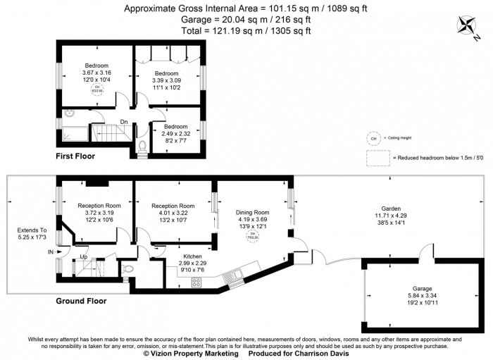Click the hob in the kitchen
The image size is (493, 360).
tap(196, 282)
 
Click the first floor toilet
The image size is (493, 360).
tap(142, 147)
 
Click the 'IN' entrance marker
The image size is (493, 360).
tap(50, 252)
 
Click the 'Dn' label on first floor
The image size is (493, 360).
tap(123, 120)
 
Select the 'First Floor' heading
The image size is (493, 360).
tap(75, 156)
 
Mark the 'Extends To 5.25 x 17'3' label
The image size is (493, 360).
tap(32, 235)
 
